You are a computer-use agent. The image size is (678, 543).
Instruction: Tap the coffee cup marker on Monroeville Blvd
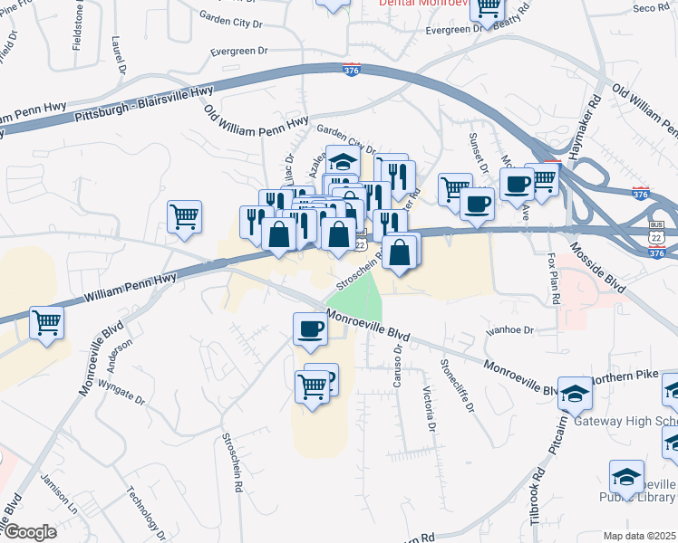pos(310,328)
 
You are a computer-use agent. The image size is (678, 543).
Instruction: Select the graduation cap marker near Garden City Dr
pos(343,161)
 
